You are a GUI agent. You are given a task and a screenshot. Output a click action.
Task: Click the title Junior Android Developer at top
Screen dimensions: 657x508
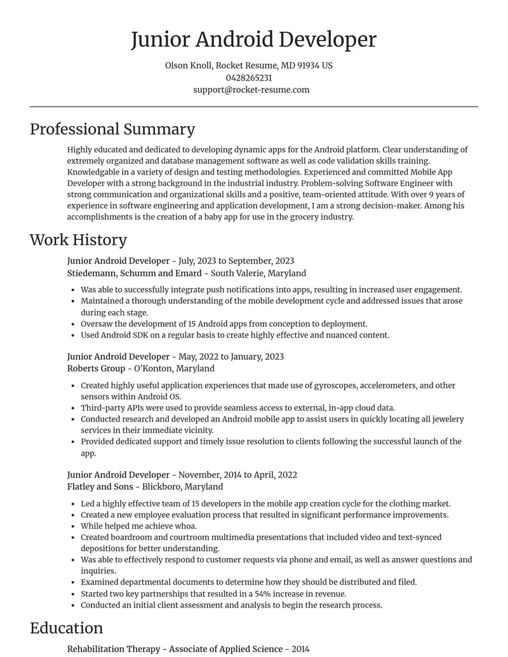point(253,39)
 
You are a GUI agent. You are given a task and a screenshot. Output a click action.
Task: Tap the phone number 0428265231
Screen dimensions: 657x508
point(249,77)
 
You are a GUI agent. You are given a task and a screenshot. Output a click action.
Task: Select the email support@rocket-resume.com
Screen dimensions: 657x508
point(251,90)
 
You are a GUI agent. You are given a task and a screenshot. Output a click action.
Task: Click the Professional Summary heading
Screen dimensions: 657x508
point(112,129)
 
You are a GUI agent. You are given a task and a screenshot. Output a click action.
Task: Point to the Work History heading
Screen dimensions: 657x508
point(78,239)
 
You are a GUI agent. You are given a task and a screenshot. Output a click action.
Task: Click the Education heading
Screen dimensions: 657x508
point(66,628)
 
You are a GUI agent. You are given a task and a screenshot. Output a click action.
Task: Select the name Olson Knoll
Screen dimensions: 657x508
point(189,65)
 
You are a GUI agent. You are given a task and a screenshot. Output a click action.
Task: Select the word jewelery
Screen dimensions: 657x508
point(446,419)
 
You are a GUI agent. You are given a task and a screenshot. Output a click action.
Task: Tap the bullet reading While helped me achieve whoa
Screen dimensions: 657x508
point(138,526)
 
